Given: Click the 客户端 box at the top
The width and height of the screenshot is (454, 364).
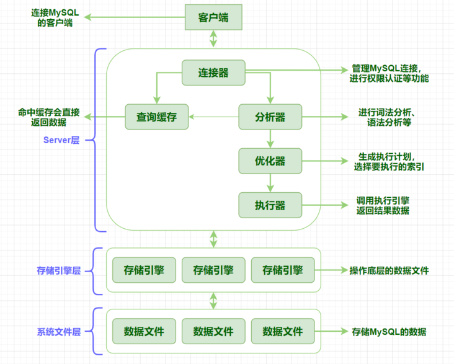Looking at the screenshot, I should coord(213,17).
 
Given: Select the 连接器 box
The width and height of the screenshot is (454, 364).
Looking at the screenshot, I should coord(213,73).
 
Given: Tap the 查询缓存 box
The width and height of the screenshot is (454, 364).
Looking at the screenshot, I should coord(156,117).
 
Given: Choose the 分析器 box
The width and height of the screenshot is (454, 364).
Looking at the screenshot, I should coord(270,117).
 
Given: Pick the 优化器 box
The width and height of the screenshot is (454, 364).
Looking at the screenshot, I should coord(270,161).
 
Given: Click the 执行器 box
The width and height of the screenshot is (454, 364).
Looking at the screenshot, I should coord(270,205).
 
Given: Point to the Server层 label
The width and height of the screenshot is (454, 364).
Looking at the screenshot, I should coord(61,140).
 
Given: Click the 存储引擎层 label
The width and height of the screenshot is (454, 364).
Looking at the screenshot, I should coord(59,271).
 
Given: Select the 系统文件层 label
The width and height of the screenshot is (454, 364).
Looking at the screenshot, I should coord(59,332).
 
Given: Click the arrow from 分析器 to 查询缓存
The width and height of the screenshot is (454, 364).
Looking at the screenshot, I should coord(213,117).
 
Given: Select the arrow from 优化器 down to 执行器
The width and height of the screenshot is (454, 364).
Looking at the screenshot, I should coord(270,182).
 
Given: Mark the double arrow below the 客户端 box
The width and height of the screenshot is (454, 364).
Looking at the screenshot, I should coord(213,39).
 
